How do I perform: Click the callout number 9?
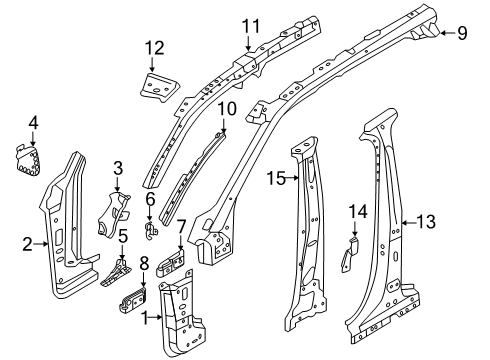[461, 33]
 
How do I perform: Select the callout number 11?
[249, 25]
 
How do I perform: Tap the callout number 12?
[153, 47]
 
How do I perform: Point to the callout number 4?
[33, 123]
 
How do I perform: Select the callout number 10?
[227, 107]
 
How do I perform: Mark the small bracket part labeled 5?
[119, 272]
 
